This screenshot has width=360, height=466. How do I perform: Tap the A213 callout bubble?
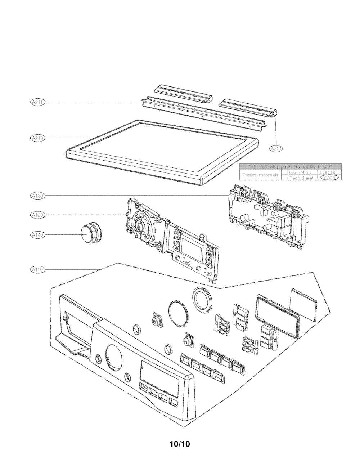(x=276, y=149)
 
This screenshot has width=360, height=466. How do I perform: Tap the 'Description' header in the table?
(x=298, y=172)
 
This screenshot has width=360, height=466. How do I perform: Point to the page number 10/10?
(x=180, y=444)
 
